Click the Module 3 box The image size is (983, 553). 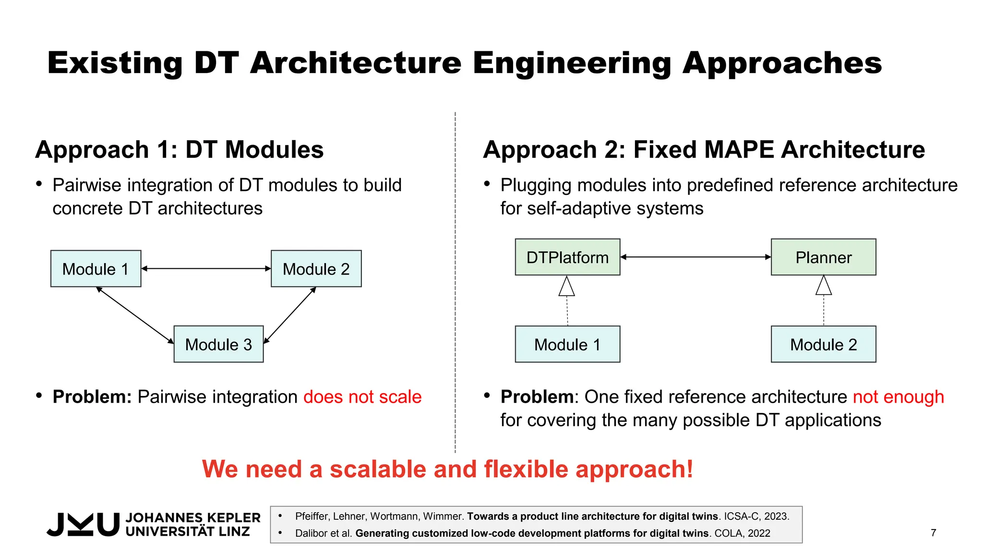[218, 344]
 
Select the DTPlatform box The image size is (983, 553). [567, 257]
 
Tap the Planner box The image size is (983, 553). [823, 257]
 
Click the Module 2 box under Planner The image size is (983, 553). [823, 344]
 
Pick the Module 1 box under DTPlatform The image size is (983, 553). [567, 344]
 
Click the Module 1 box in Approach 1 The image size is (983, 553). [96, 269]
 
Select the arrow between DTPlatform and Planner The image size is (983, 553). [695, 257]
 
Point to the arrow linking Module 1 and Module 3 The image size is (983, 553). [135, 315]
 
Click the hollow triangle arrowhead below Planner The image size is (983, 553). [824, 286]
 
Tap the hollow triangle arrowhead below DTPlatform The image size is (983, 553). [567, 287]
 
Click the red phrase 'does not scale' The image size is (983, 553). [362, 397]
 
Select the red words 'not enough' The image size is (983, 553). [898, 397]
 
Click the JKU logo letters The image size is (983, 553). [83, 524]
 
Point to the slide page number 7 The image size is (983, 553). [933, 533]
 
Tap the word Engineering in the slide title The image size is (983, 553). [572, 63]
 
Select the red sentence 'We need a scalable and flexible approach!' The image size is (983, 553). [447, 469]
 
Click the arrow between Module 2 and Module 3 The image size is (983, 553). [290, 315]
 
